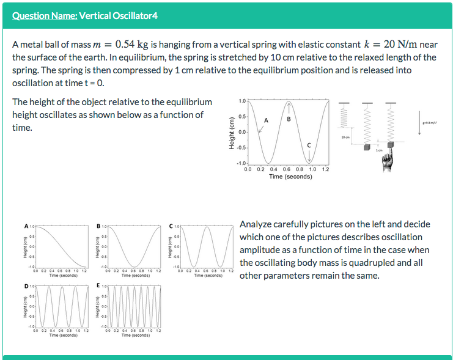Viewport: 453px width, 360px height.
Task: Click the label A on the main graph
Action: click(266, 120)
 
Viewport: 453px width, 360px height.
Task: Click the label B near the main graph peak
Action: click(289, 119)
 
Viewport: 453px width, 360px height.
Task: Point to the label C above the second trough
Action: click(309, 145)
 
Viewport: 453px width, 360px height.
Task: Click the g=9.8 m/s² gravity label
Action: click(431, 122)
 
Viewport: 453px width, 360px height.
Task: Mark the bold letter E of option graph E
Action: click(98, 286)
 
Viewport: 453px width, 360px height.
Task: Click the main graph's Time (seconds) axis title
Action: click(290, 177)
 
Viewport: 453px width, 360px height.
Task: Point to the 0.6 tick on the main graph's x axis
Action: click(287, 170)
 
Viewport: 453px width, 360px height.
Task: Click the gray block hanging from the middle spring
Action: click(366, 148)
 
